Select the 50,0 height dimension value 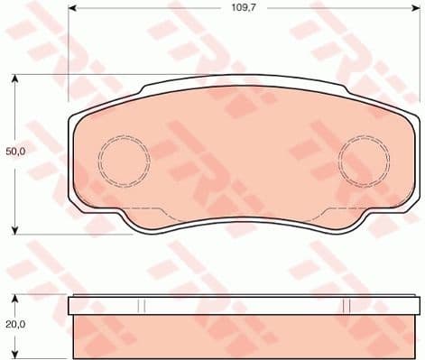[16, 152]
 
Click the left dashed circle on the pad [123, 160]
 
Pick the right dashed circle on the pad [363, 160]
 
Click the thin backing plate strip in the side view [242, 306]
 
